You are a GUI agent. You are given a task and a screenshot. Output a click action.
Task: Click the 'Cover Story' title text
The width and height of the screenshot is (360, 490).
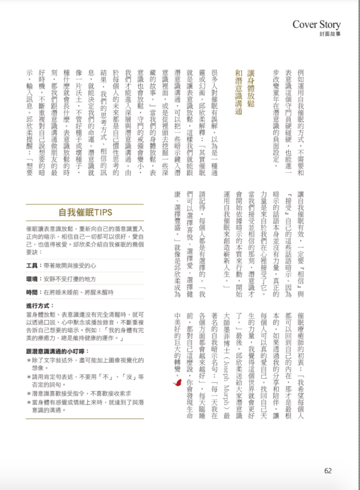click(316, 24)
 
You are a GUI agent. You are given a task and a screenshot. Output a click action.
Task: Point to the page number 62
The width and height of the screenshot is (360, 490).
click(328, 470)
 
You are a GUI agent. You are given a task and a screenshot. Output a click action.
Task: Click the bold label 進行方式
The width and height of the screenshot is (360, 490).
click(40, 305)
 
